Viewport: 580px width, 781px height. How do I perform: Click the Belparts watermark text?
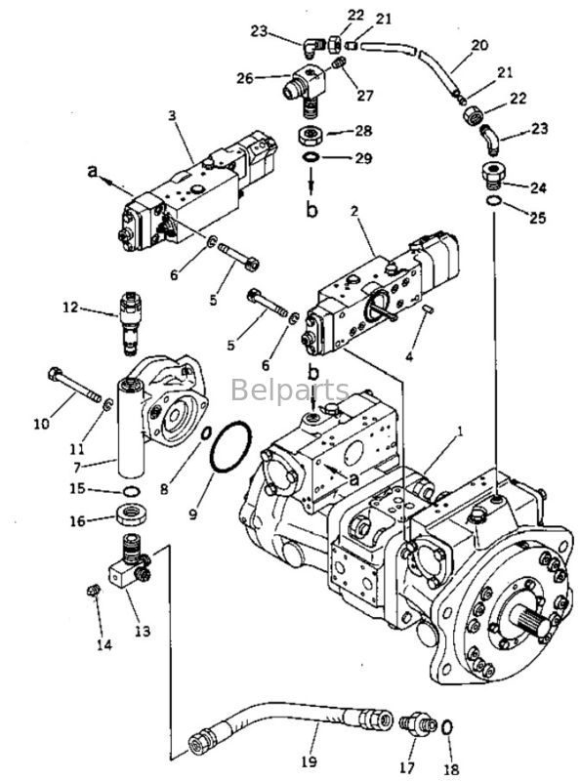(x=290, y=391)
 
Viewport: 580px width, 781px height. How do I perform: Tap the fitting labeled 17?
(x=415, y=726)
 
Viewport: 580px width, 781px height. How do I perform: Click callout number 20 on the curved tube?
(x=478, y=44)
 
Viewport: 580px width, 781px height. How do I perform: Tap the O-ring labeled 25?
(x=495, y=201)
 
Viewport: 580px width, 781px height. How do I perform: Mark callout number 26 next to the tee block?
(x=243, y=78)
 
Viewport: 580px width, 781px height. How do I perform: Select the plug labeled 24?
(x=496, y=178)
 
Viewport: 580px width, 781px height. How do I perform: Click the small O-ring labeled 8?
(x=207, y=433)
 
